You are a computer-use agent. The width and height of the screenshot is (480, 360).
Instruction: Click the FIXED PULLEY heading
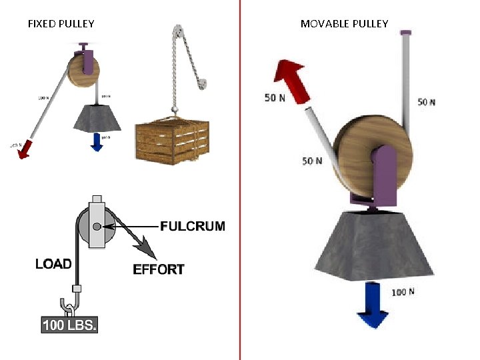[61, 24]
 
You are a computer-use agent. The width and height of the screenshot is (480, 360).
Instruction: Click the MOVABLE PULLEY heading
[344, 24]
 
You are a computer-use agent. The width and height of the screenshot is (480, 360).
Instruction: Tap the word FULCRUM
[193, 226]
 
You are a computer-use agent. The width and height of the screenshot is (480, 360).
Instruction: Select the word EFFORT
[159, 269]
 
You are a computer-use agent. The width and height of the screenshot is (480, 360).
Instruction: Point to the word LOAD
[53, 264]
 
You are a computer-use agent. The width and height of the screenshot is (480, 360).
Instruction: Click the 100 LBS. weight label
[69, 326]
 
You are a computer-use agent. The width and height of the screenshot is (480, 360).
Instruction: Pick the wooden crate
[172, 139]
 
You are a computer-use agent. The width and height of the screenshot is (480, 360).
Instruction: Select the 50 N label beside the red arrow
[275, 98]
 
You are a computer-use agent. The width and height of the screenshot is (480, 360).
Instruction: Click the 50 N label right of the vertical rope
[427, 102]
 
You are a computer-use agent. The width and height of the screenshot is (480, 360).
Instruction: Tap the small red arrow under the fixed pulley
[25, 150]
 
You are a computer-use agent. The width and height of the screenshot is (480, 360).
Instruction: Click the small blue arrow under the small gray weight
[97, 142]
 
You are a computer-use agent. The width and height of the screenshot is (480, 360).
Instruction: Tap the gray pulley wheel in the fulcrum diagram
[90, 227]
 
